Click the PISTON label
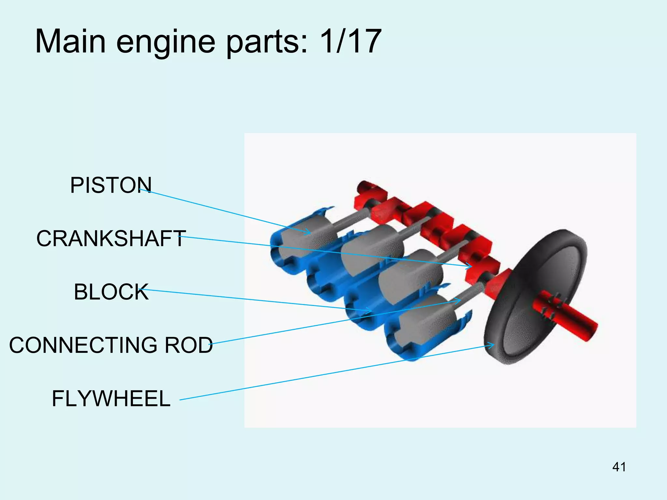coord(111,185)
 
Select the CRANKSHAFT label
coord(111,239)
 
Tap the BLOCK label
coord(111,292)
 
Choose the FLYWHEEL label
coord(111,399)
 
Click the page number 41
coord(619,467)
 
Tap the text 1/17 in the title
coord(350,42)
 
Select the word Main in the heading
coord(70,42)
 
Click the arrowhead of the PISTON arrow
coord(308,232)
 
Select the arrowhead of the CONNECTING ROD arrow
coord(459,301)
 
